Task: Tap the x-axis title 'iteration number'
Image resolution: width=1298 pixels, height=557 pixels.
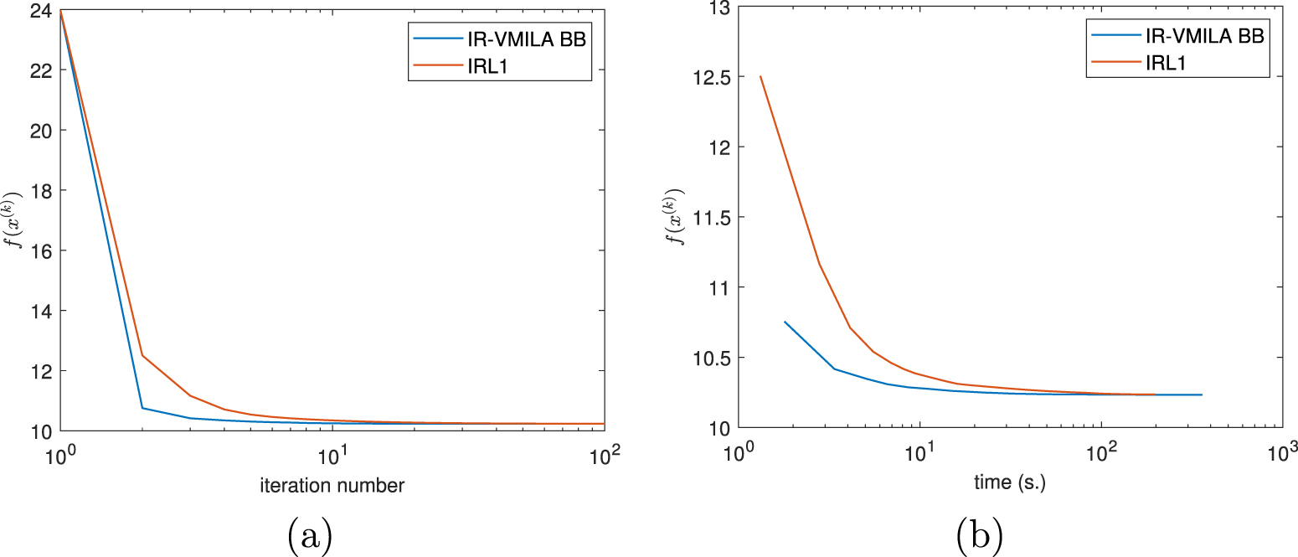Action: tap(332, 486)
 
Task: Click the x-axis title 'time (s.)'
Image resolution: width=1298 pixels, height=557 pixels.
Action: tap(1010, 482)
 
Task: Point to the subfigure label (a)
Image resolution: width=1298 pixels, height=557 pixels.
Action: tap(309, 534)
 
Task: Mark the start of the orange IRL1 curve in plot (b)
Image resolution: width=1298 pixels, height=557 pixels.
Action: tap(760, 77)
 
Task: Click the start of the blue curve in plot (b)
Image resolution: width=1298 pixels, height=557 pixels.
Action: tap(785, 322)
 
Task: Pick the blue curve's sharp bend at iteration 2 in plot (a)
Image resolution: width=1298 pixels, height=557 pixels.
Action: tap(142, 408)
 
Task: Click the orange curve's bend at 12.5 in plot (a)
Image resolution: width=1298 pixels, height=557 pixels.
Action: tap(142, 356)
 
